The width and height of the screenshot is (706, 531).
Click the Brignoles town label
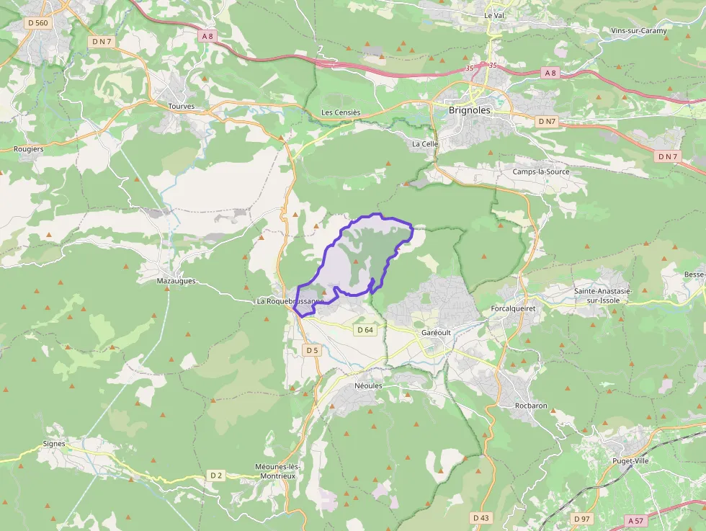(469, 110)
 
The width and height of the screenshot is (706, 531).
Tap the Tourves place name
(181, 106)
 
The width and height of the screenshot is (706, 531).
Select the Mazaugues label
(176, 281)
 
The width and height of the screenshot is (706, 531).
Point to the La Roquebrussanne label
(288, 301)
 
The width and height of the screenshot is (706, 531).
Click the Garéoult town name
(436, 333)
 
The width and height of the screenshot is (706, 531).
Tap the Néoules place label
(368, 385)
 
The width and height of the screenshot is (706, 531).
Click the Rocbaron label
(531, 406)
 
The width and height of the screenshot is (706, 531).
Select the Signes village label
(54, 444)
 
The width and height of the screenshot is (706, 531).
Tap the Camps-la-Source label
(541, 171)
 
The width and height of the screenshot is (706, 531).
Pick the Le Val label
(493, 15)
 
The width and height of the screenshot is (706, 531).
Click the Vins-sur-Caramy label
(638, 31)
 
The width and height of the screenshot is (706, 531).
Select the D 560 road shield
(38, 23)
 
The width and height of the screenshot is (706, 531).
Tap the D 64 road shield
(365, 330)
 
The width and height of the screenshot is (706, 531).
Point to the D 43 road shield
(481, 517)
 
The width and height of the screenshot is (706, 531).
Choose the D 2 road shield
(216, 475)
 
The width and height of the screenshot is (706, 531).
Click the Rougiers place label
(29, 149)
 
